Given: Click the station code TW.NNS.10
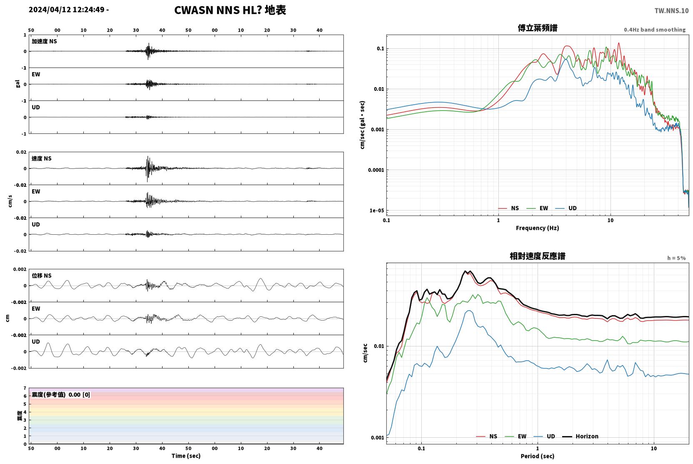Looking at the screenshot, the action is (671, 10).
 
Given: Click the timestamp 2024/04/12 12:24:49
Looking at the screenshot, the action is (67, 10).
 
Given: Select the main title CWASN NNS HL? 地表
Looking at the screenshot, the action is (230, 10).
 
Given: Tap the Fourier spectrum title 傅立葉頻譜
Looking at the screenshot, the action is (538, 28).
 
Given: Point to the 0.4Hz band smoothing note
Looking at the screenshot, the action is (655, 30).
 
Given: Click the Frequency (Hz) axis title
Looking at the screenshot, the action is (538, 228).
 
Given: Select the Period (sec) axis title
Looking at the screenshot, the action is (538, 456).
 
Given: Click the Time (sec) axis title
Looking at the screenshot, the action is (186, 456).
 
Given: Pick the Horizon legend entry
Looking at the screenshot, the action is (580, 436).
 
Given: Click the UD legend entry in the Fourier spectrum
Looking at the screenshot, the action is (566, 208).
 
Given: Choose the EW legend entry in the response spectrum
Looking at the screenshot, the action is (515, 436).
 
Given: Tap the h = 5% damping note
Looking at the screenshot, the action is (676, 258).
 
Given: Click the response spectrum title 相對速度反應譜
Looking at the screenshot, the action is (538, 256).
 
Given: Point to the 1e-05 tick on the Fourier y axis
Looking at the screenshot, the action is (377, 211).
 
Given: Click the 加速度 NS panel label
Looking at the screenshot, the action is (44, 41).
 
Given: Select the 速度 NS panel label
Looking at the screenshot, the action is (41, 158).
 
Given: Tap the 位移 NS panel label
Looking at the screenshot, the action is (41, 276).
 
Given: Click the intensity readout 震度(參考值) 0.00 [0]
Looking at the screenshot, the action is (61, 395).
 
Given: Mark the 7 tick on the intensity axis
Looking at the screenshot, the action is (25, 388).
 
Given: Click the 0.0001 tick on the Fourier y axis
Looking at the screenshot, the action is (376, 170).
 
